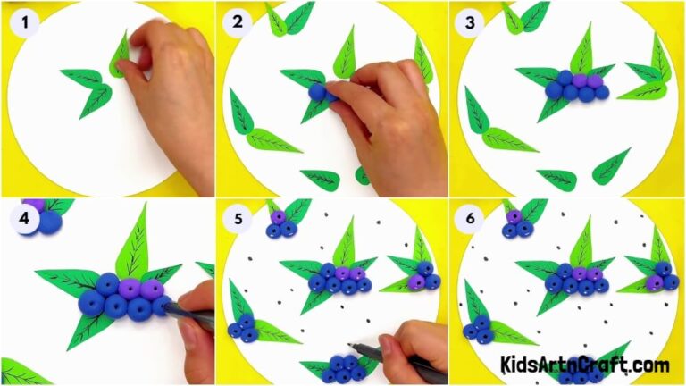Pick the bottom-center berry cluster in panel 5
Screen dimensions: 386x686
pyautogui.click(x=344, y=368)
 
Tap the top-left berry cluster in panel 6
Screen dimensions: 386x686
pyautogui.click(x=514, y=223)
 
